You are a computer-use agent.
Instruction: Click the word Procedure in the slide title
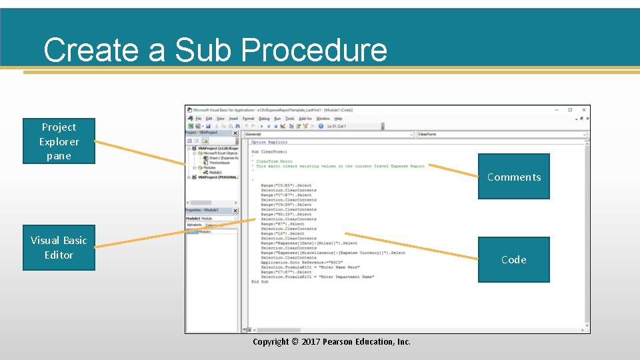[x=313, y=50]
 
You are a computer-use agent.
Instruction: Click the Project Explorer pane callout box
[x=59, y=141]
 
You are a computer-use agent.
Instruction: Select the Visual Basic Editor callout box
[x=59, y=247]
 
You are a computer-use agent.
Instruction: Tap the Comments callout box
[x=513, y=177]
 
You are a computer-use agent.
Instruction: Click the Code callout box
[x=513, y=260]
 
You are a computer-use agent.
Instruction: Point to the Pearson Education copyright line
[x=331, y=342]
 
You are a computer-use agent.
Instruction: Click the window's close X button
[x=584, y=110]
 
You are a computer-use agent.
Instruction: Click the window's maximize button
[x=569, y=110]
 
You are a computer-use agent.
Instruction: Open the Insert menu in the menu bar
[x=233, y=119]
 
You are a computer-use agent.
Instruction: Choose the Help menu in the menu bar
[x=338, y=119]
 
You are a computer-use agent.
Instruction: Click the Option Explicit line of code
[x=269, y=142]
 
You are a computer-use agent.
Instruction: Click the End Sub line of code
[x=259, y=282]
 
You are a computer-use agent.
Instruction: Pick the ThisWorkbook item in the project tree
[x=219, y=163]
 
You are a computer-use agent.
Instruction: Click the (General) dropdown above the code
[x=327, y=134]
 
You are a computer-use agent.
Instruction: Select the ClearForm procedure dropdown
[x=500, y=134]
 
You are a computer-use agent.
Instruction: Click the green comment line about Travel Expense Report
[x=341, y=166]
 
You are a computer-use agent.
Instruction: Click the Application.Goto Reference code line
[x=296, y=263]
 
